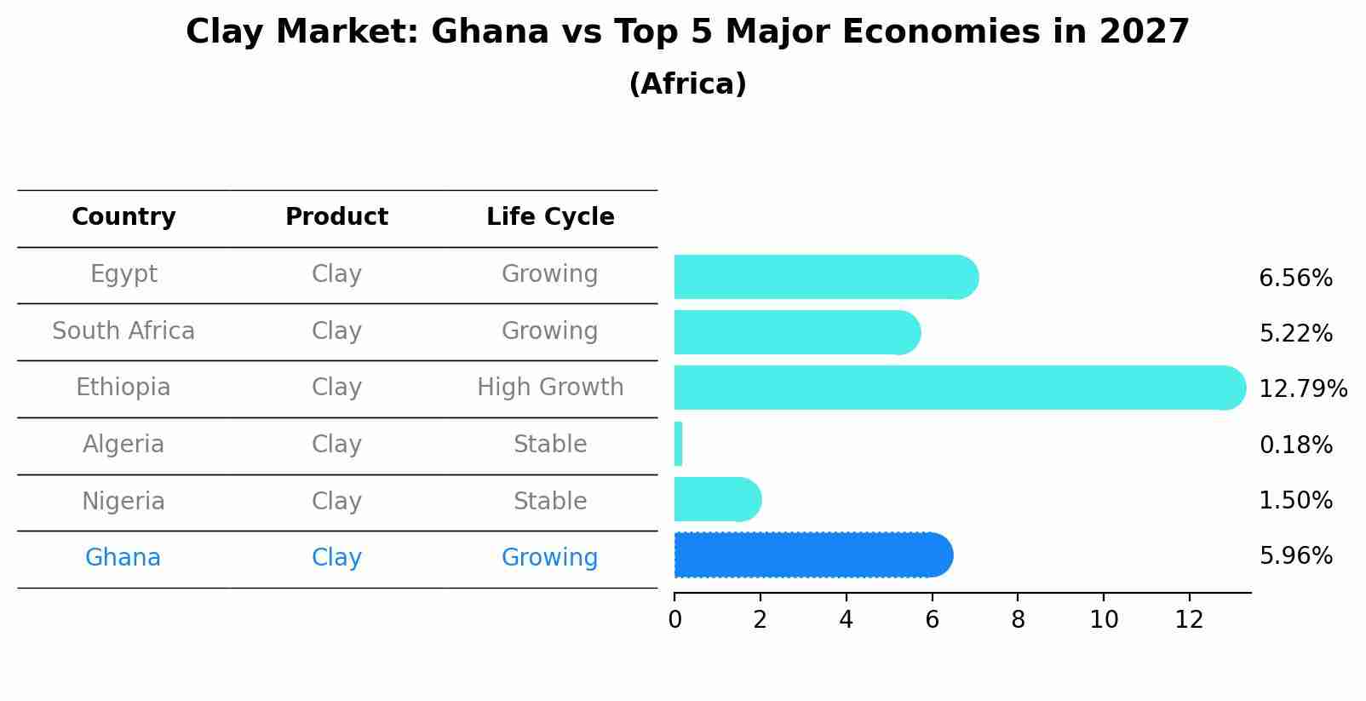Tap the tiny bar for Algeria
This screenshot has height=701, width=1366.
tap(679, 444)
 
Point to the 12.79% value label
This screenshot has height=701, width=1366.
tap(1302, 389)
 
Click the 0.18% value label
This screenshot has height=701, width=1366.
tap(1295, 445)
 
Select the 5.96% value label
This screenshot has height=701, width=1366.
tap(1295, 556)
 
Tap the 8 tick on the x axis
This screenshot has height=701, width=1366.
tap(1018, 620)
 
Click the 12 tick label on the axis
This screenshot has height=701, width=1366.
tap(1189, 620)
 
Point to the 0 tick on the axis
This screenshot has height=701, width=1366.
tap(674, 620)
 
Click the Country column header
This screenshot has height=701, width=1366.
tap(123, 217)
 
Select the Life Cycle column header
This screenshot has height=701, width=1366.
tap(550, 217)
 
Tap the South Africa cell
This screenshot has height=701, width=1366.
tap(123, 330)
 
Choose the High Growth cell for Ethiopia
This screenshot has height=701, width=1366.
tap(550, 388)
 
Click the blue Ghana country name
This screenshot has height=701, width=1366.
tap(123, 558)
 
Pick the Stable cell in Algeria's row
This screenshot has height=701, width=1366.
tap(550, 445)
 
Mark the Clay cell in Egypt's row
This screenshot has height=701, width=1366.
tap(336, 274)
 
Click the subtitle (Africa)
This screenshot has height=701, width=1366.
tap(687, 84)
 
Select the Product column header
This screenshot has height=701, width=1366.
tap(336, 217)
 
